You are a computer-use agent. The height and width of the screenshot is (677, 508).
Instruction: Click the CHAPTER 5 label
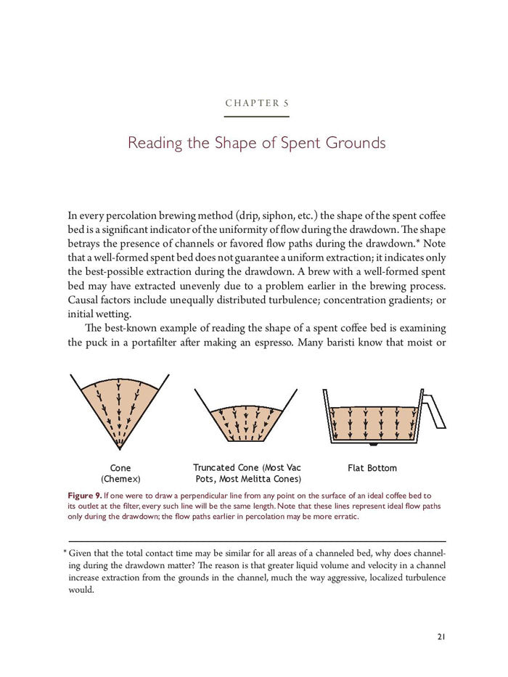(256, 103)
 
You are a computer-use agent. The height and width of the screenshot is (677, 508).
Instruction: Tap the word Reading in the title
(155, 142)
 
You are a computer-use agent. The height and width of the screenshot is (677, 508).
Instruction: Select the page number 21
(441, 636)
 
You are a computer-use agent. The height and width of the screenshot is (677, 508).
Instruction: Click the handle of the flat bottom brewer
(433, 410)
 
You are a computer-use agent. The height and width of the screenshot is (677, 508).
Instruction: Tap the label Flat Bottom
(372, 468)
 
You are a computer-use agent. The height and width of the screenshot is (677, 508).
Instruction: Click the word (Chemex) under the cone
(120, 479)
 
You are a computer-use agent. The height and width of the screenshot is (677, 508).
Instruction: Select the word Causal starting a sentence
(84, 300)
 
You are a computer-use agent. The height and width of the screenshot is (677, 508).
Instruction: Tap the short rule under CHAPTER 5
(256, 116)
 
